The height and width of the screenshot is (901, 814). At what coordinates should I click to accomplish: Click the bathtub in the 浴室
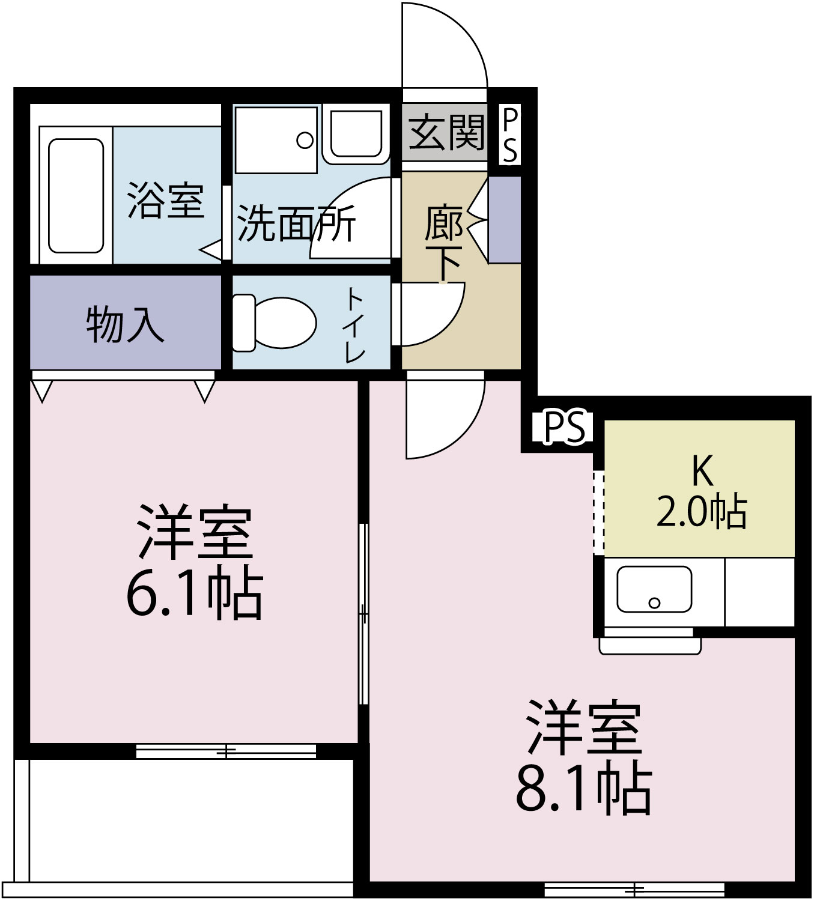(76, 195)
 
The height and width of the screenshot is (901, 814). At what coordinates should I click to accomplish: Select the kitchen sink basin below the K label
(654, 589)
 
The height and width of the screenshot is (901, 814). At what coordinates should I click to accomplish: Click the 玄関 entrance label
(446, 133)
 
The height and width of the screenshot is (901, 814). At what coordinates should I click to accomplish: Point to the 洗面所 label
(296, 223)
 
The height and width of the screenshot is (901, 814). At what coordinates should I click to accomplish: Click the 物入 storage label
(125, 325)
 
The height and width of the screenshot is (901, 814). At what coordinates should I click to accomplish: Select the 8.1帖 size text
(583, 787)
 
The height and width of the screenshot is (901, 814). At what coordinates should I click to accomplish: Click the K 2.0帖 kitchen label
(702, 493)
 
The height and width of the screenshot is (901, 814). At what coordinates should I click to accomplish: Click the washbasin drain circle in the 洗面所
(305, 141)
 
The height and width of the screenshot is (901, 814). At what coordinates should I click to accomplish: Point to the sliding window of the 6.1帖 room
(226, 751)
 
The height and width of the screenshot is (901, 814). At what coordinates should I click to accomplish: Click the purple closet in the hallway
(505, 220)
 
